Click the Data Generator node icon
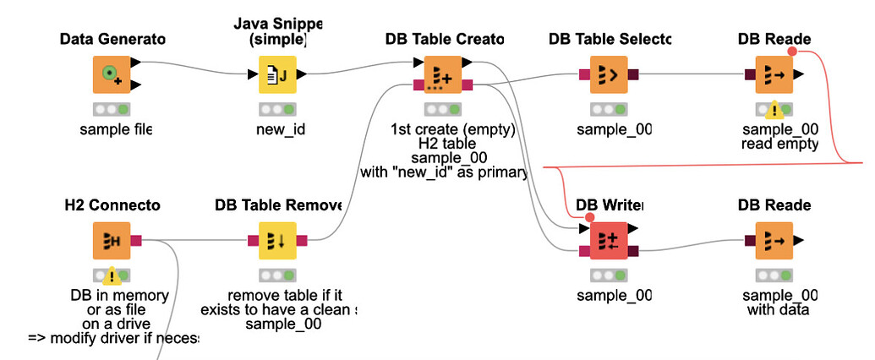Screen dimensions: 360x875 (111, 74)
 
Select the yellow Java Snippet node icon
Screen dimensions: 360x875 (276, 74)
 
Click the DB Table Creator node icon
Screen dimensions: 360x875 (442, 74)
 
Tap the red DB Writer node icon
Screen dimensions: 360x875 (608, 241)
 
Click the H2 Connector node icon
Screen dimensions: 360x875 (111, 241)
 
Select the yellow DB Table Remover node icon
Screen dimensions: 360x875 (276, 241)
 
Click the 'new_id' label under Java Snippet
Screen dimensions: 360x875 (276, 129)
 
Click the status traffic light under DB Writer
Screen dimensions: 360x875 (608, 275)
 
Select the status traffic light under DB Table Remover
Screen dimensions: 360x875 (276, 275)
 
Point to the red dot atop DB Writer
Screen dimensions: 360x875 (589, 218)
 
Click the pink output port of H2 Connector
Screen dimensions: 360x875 (136, 241)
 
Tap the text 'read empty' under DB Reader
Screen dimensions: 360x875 (780, 144)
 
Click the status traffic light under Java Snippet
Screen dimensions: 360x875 (276, 109)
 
